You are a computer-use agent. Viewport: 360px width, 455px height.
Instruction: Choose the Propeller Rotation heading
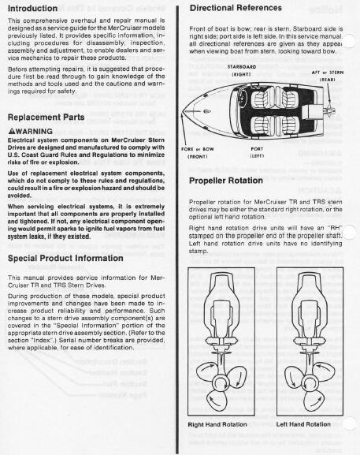coord(227,180)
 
